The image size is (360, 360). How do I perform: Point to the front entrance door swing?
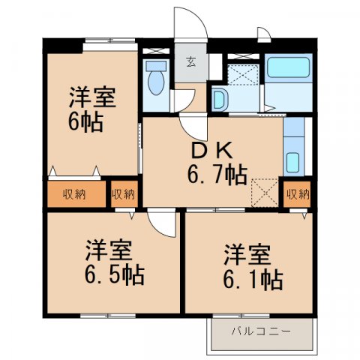pos(191,22)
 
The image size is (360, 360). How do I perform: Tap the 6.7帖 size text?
pos(217,175)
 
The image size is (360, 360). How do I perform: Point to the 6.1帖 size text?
pos(252,279)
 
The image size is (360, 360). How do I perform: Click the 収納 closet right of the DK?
pos(298,194)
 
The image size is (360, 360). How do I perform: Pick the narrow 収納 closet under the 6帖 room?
pos(124,194)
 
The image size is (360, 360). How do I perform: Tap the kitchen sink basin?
pos(292,162)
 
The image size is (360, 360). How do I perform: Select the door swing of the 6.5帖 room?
pos(162,223)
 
